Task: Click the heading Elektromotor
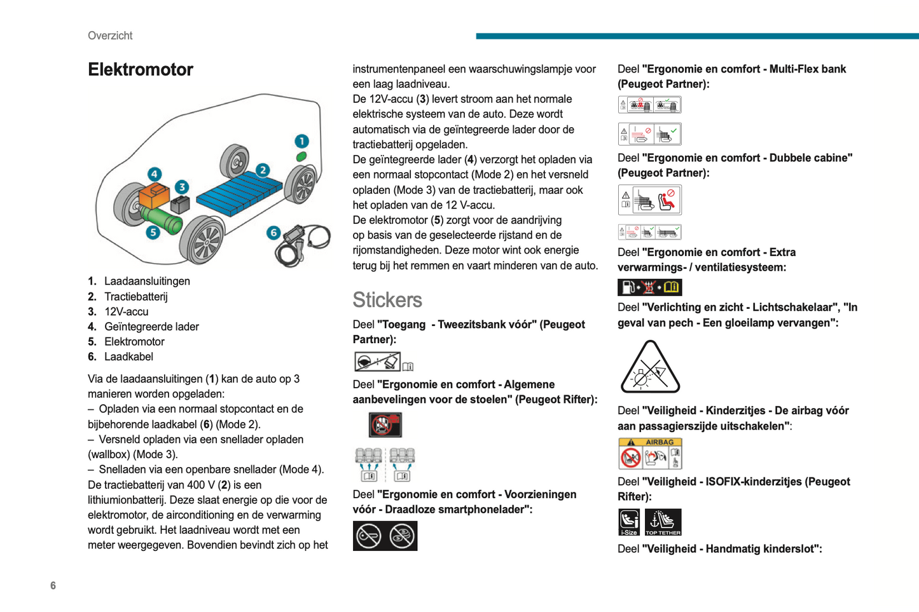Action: pos(140,69)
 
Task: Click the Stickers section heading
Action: pos(387,299)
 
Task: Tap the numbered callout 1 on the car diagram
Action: pos(301,141)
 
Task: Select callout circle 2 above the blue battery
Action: pos(263,170)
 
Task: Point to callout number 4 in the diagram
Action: pos(155,174)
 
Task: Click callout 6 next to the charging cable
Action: pos(273,233)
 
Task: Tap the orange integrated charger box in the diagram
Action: pos(153,194)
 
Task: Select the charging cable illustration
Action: pos(304,243)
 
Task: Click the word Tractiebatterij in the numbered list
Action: pos(135,296)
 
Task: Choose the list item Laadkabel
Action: pos(128,357)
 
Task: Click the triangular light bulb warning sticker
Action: pos(649,368)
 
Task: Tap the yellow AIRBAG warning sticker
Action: pos(649,453)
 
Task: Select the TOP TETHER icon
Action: pos(663,522)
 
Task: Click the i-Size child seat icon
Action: pos(629,522)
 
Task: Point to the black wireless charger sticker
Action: pos(385,536)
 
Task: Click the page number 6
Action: pos(53,585)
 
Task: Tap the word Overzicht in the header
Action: pos(110,36)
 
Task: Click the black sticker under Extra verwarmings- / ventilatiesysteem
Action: pos(649,287)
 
